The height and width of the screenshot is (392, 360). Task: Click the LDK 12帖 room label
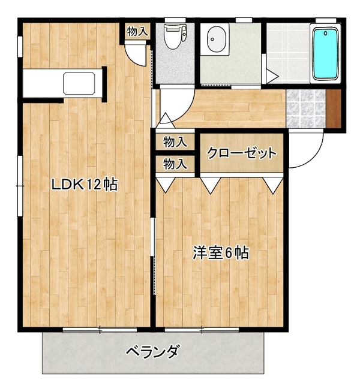pos(85,185)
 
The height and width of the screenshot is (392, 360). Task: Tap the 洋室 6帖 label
pos(221,253)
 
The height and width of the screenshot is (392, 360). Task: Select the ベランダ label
pos(153,351)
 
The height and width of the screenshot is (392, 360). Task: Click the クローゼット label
pos(242,153)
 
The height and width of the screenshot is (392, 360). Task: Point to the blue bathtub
pos(325,53)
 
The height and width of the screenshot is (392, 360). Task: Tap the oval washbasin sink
pos(217,39)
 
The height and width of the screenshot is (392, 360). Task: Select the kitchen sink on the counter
pos(79,83)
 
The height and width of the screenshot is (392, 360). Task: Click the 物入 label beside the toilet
pos(137,31)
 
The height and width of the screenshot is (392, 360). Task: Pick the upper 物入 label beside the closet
pos(175,141)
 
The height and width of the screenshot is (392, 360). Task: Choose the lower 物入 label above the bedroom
pos(175,164)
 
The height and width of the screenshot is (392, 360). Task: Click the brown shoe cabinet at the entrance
pos(334,108)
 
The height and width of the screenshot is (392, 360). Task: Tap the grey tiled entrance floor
pos(306,108)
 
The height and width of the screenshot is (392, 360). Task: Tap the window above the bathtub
pos(325,20)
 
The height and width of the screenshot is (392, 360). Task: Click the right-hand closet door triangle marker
pos(274,185)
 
